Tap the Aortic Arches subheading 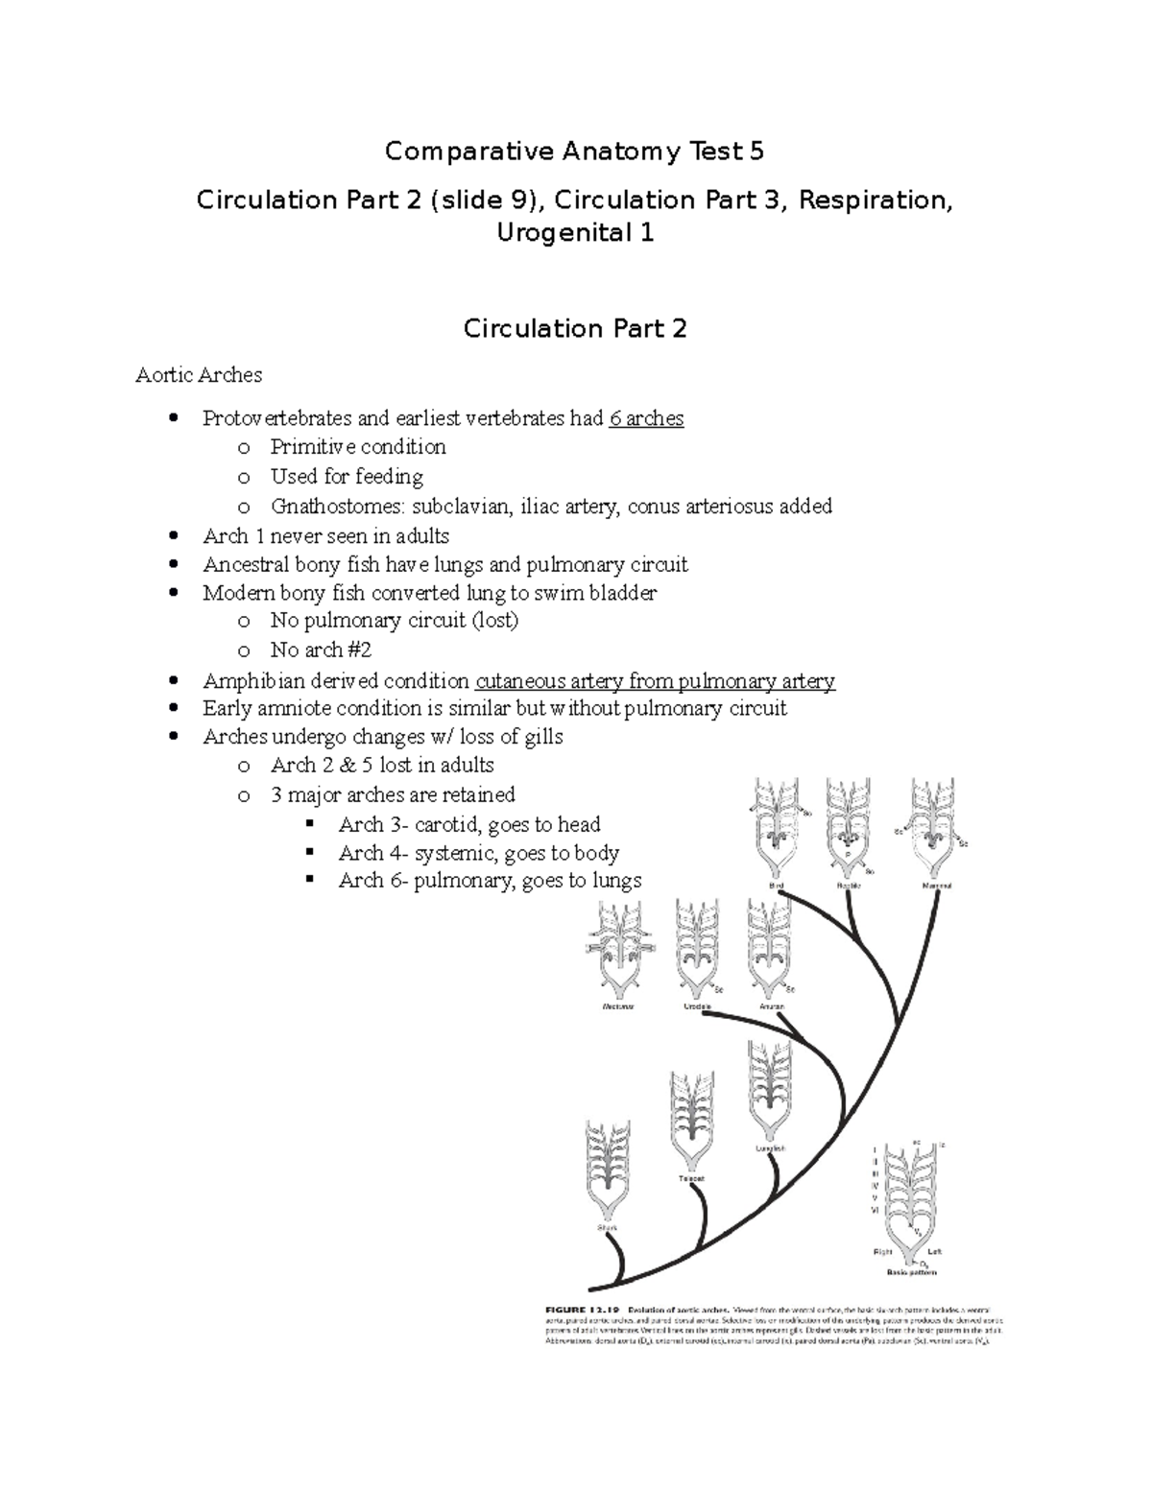point(199,374)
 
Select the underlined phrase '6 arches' point(646,418)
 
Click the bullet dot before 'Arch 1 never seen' point(173,536)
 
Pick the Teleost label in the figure point(691,1178)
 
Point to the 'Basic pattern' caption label point(910,1273)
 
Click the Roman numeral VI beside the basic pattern point(874,1212)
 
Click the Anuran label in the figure point(771,1006)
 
